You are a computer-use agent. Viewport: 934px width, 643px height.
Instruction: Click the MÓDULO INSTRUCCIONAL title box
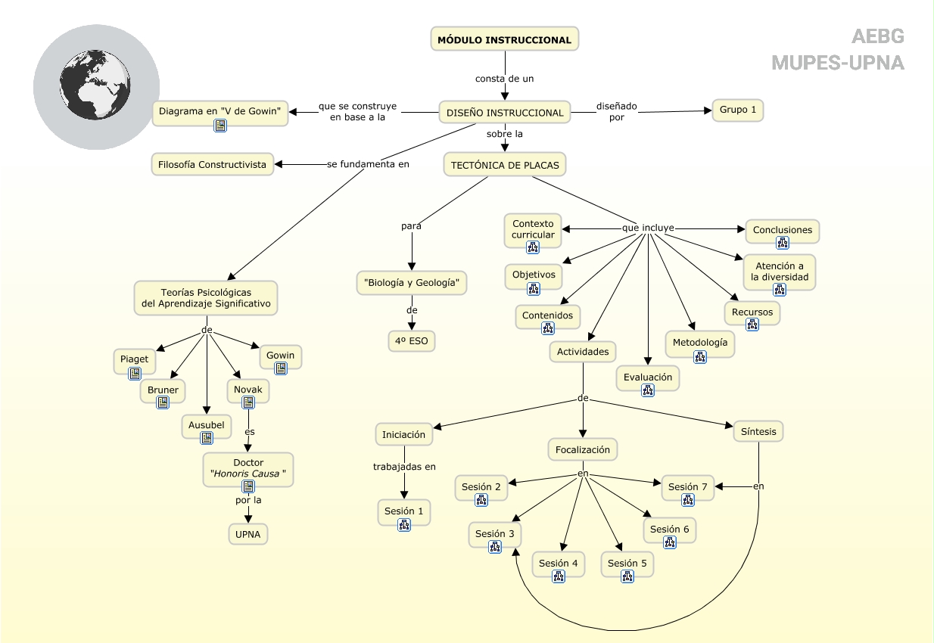pyautogui.click(x=505, y=39)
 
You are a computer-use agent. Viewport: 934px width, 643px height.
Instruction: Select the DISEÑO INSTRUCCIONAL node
pyautogui.click(x=505, y=113)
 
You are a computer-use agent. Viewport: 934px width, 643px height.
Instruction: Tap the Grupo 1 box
pyautogui.click(x=738, y=110)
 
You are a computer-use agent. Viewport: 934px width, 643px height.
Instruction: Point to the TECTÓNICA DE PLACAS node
pyautogui.click(x=505, y=164)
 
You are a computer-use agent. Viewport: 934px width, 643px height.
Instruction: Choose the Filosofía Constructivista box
pyautogui.click(x=213, y=164)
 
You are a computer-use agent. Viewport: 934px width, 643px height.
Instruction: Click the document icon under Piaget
pyautogui.click(x=135, y=374)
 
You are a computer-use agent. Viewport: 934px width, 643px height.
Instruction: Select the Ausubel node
pyautogui.click(x=207, y=425)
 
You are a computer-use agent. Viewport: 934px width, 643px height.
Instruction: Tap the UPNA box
pyautogui.click(x=248, y=533)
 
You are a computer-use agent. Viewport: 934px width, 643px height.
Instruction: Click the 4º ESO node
pyautogui.click(x=412, y=341)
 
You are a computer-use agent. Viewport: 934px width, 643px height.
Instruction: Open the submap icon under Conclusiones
pyautogui.click(x=783, y=243)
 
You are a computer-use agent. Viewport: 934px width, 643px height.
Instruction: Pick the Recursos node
pyautogui.click(x=752, y=311)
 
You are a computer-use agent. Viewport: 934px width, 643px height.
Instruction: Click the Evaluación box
pyautogui.click(x=648, y=377)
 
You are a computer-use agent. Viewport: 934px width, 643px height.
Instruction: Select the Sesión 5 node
pyautogui.click(x=627, y=563)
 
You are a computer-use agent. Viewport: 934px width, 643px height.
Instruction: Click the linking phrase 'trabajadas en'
pyautogui.click(x=404, y=467)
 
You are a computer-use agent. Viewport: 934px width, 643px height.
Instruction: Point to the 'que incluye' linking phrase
pyautogui.click(x=648, y=228)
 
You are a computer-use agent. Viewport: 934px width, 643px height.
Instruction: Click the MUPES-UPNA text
pyautogui.click(x=838, y=63)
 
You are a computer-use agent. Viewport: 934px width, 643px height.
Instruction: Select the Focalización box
pyautogui.click(x=583, y=449)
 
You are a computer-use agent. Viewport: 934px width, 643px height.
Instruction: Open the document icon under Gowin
pyautogui.click(x=281, y=368)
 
